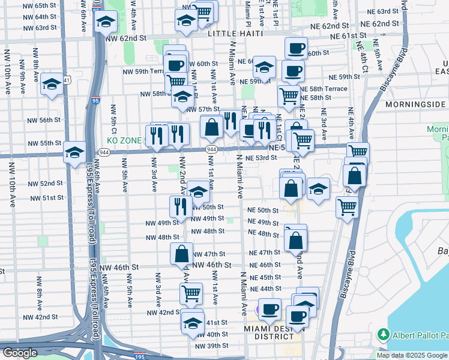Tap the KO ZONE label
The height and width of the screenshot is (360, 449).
tap(125, 140)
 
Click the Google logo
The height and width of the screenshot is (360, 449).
tap(20, 353)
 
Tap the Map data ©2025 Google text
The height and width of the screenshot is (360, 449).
tap(412, 355)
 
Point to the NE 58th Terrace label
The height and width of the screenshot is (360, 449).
tap(323, 88)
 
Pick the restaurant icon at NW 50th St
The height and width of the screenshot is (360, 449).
tap(181, 206)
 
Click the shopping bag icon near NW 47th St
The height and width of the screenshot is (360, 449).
tap(181, 253)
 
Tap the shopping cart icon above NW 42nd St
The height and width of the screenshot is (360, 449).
tap(191, 293)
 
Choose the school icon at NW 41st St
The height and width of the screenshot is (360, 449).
tap(192, 321)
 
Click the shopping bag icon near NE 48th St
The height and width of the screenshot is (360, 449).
tap(295, 240)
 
